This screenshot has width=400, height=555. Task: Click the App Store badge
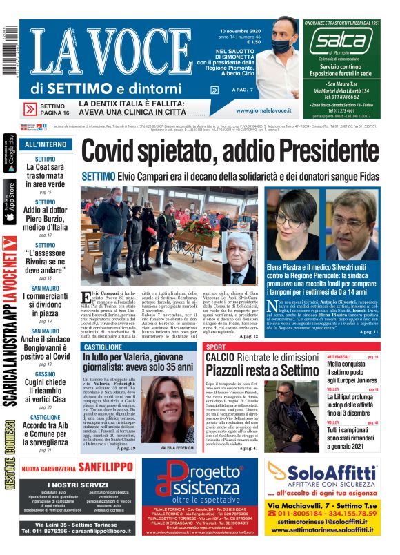[8, 201]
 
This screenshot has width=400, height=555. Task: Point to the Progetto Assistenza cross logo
[174, 483]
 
